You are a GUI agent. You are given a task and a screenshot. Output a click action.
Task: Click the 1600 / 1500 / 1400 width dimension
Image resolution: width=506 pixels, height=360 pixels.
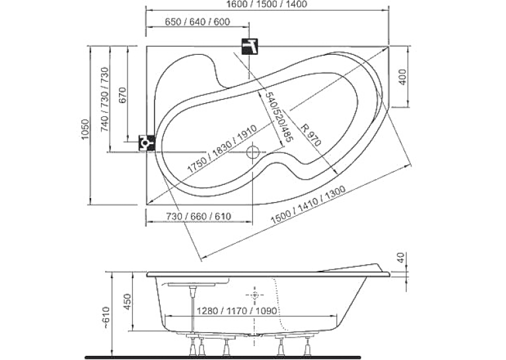(267, 4)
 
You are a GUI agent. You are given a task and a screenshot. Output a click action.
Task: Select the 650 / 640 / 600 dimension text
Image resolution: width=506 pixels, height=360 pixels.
(197, 22)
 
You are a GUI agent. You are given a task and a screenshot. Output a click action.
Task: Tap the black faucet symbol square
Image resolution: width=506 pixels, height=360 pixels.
(250, 46)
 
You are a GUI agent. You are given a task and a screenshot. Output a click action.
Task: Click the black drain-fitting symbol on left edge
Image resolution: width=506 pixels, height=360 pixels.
(147, 143)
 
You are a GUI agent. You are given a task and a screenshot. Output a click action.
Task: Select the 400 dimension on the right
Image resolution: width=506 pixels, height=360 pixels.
(403, 77)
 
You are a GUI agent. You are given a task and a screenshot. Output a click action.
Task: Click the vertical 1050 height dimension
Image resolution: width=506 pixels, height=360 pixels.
(85, 129)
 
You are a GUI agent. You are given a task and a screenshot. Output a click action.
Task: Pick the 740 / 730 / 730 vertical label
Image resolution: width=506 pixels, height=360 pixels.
(105, 100)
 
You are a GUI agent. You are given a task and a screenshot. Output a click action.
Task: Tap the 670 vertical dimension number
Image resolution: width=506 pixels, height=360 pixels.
(123, 95)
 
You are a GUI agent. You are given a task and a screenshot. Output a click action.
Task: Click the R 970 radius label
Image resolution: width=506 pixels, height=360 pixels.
(310, 135)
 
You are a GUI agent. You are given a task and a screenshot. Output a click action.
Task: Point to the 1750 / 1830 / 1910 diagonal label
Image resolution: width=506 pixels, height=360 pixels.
(222, 149)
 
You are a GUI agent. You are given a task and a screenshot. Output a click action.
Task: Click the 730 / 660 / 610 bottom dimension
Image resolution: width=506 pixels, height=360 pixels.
(198, 216)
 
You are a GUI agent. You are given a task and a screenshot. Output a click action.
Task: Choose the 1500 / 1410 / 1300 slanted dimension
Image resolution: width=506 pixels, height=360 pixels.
(308, 205)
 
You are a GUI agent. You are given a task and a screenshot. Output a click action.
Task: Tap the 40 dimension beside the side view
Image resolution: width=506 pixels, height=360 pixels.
(400, 258)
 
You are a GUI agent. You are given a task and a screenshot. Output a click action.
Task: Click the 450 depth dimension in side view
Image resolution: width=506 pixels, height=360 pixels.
(127, 302)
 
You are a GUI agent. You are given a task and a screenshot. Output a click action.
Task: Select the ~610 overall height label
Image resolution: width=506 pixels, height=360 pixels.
(106, 318)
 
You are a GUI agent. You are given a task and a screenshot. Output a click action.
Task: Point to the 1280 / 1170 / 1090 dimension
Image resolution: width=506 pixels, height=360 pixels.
(237, 310)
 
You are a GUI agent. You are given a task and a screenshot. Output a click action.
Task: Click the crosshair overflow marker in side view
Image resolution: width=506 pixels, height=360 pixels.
(254, 295)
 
